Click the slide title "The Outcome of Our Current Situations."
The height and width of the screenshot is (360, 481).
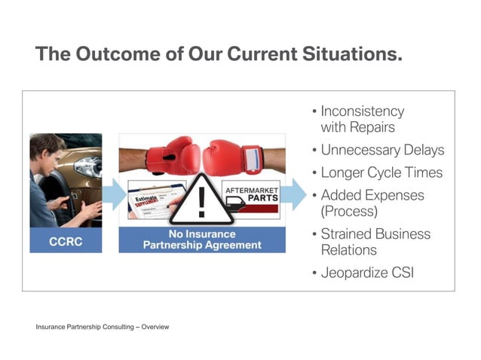(x=219, y=54)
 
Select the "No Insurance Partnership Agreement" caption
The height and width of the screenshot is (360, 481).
(x=202, y=239)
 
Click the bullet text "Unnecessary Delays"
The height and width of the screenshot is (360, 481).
(x=382, y=150)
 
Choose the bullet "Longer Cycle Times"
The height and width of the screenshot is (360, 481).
(x=381, y=172)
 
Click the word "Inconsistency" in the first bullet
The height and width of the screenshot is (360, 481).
(x=363, y=111)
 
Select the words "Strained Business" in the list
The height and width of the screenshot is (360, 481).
(x=375, y=233)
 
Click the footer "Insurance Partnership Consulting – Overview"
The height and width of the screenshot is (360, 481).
(x=103, y=327)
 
